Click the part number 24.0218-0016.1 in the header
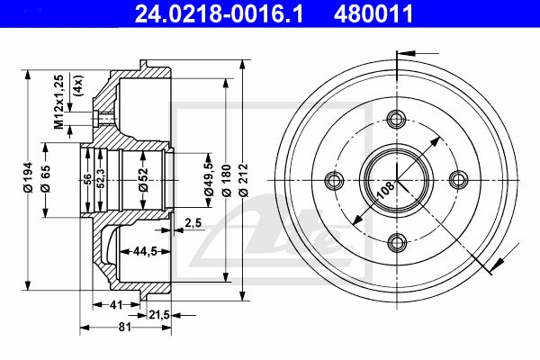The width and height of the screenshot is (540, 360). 219,13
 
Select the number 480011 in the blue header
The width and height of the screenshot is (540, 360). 373,13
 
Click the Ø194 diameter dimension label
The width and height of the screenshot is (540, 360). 28,177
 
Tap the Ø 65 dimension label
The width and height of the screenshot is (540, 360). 45,178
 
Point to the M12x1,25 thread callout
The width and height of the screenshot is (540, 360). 59,102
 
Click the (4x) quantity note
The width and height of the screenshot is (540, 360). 78,85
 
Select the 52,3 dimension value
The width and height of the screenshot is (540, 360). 100,179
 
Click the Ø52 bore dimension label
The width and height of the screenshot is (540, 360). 143,179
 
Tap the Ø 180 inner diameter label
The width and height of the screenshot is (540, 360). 226,180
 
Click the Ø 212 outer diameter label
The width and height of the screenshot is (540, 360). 244,180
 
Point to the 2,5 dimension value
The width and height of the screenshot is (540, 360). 193,223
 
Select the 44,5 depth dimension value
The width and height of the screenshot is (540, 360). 145,251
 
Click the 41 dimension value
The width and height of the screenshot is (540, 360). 116,305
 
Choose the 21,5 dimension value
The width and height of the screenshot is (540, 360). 158,314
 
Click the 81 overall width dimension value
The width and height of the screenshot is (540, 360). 125,327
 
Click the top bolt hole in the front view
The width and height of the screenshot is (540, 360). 396,119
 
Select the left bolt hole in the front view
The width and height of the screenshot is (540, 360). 334,180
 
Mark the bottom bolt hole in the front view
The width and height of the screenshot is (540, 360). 397,242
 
